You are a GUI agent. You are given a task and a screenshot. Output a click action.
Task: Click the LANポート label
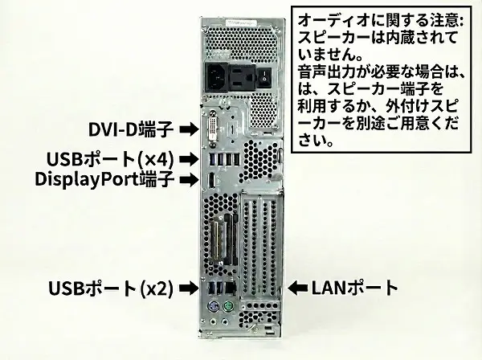354,287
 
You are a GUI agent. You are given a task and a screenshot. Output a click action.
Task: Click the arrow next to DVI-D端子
187,129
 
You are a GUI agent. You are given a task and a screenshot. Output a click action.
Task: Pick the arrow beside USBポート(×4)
187,158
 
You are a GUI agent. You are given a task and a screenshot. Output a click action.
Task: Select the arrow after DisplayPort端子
187,178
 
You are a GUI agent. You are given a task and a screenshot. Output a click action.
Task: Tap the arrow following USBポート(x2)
187,287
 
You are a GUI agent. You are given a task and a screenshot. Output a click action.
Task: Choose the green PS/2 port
228,309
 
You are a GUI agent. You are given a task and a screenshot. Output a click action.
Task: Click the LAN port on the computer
231,286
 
